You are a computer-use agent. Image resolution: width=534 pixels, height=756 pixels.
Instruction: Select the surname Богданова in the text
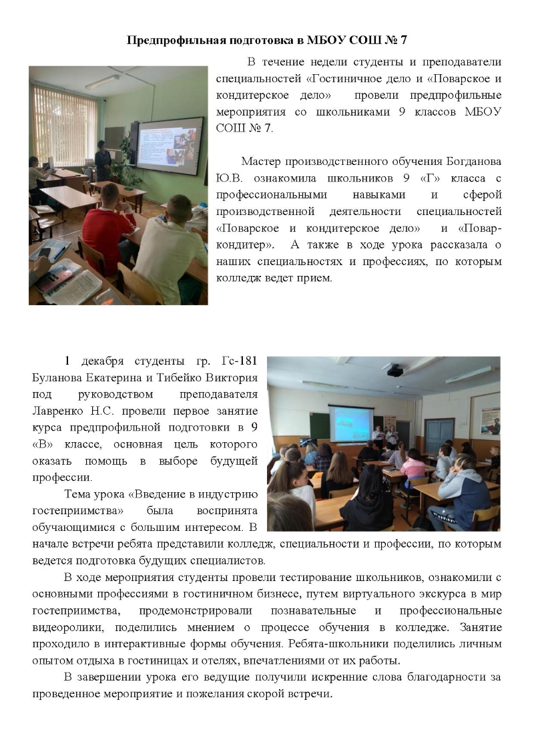pos(469,162)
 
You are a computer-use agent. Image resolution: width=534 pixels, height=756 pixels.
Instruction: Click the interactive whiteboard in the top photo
pos(170,147)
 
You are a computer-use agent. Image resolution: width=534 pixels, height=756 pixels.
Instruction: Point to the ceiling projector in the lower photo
pos(394,369)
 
